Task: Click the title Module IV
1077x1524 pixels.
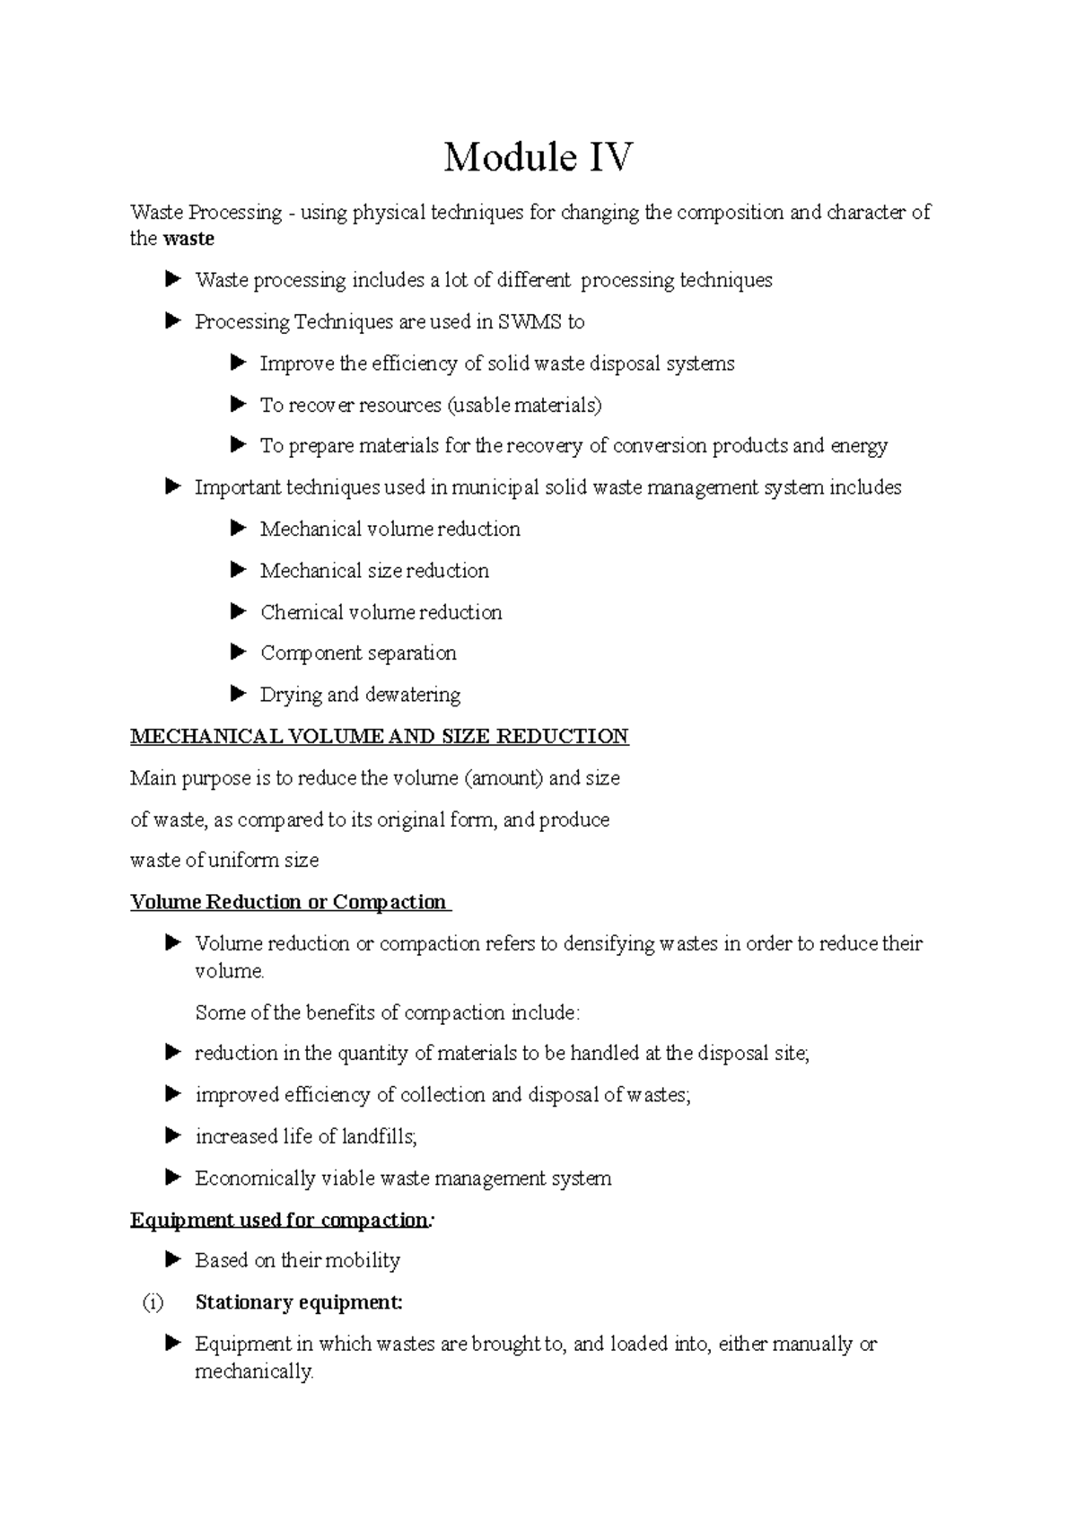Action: tap(538, 158)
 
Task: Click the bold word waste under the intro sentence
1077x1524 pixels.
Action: tap(188, 239)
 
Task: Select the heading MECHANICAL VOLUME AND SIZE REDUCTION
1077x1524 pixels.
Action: tap(379, 737)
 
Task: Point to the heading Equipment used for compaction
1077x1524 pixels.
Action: tap(279, 1220)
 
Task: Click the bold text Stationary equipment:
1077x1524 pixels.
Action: tap(299, 1302)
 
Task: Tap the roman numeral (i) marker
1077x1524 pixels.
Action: tap(152, 1302)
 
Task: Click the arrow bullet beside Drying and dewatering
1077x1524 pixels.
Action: tap(238, 694)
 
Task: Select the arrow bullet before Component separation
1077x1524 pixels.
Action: tap(238, 653)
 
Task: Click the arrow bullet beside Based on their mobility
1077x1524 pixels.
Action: tap(173, 1260)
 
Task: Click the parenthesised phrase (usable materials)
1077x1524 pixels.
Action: tap(524, 405)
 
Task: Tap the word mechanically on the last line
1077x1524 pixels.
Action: tap(254, 1371)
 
